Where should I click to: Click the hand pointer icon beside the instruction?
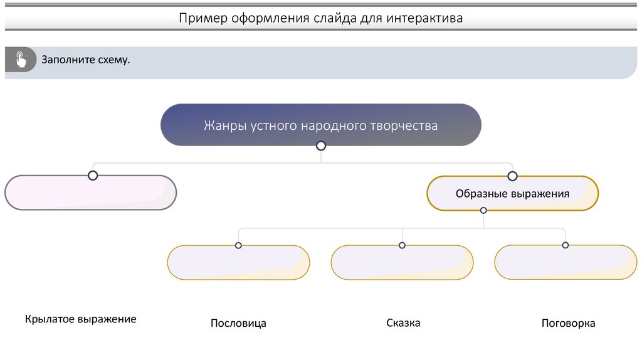(21, 60)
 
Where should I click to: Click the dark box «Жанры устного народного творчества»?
(320, 125)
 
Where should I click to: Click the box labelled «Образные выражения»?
(512, 194)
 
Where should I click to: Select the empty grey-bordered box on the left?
(90, 193)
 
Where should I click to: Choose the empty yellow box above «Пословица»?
(238, 263)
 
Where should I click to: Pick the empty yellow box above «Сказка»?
(402, 263)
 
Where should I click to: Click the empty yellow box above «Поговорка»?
(565, 263)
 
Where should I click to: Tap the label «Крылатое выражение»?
(81, 319)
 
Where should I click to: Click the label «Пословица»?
(238, 324)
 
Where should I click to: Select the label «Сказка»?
(403, 323)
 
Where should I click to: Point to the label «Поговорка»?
(568, 324)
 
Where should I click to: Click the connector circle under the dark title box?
(321, 146)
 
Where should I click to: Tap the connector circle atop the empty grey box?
(93, 176)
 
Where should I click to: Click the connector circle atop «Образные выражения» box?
(512, 176)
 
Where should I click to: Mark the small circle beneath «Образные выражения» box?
(483, 210)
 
